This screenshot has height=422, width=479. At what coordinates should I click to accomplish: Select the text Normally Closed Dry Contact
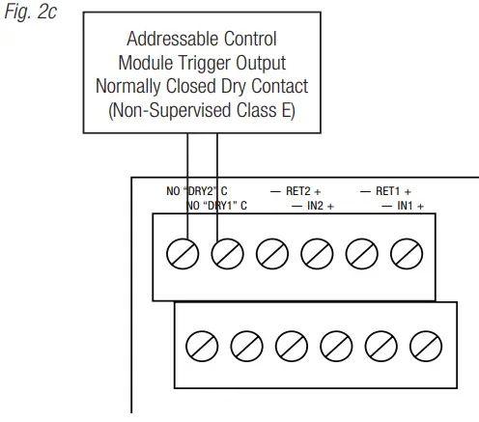click(201, 86)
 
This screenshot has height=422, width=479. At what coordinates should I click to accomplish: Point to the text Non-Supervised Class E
click(201, 109)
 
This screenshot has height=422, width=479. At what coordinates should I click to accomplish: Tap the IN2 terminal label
click(319, 206)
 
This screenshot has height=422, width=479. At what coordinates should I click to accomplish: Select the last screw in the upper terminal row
click(406, 254)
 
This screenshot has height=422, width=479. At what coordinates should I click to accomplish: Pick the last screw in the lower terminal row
click(424, 345)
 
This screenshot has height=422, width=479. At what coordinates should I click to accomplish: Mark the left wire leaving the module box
click(187, 183)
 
